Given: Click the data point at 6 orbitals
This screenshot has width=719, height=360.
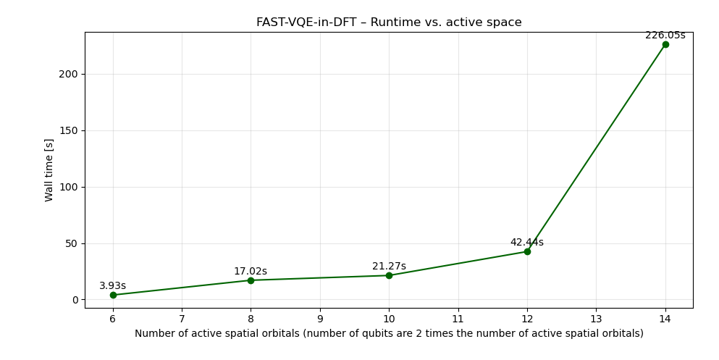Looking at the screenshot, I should [113, 295].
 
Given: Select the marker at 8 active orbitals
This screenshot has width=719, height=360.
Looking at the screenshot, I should [251, 280].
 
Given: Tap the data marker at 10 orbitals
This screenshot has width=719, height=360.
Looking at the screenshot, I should [389, 275].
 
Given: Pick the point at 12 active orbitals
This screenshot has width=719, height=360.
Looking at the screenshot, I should [527, 251].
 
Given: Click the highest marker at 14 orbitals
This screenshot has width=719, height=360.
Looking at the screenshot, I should [665, 44].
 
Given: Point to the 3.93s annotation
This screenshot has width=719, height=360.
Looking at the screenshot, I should [113, 286].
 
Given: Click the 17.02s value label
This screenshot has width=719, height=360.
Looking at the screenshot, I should [251, 272].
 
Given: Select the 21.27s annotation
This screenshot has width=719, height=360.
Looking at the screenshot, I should [389, 267].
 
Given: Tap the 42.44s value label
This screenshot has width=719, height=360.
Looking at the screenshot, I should [527, 243].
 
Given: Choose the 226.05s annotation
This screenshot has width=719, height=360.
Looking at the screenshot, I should [665, 35].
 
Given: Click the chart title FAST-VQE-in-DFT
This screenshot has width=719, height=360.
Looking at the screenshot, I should [389, 22].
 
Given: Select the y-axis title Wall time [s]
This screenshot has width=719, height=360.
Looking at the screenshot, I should [49, 169].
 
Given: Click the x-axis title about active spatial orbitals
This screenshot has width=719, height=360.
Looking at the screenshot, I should [389, 334].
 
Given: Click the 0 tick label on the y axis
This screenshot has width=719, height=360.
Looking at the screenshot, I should [75, 300].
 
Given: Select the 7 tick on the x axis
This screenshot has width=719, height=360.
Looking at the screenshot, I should [182, 319].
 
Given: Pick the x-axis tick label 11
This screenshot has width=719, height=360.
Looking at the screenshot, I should [458, 319].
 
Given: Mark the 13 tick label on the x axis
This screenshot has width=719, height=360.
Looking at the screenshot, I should [596, 319].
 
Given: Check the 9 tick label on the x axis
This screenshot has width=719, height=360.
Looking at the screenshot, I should [320, 319].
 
